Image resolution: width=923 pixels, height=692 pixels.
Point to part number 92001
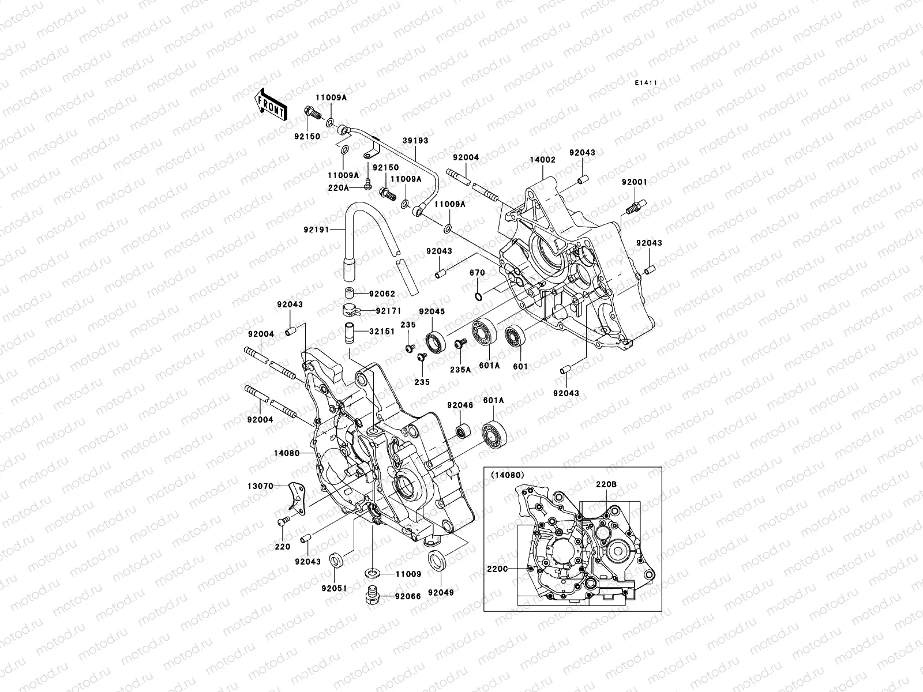[634, 182]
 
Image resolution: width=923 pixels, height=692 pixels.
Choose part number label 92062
[382, 294]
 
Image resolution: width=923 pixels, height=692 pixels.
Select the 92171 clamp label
[388, 311]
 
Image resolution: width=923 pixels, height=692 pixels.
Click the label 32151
[381, 332]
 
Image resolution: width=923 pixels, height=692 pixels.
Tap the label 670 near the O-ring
[476, 273]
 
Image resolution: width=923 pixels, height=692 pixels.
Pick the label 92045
[432, 312]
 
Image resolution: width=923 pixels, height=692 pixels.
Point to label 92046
[460, 405]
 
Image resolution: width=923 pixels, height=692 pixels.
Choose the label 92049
[440, 592]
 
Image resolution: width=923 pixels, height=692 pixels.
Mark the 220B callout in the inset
[606, 485]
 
